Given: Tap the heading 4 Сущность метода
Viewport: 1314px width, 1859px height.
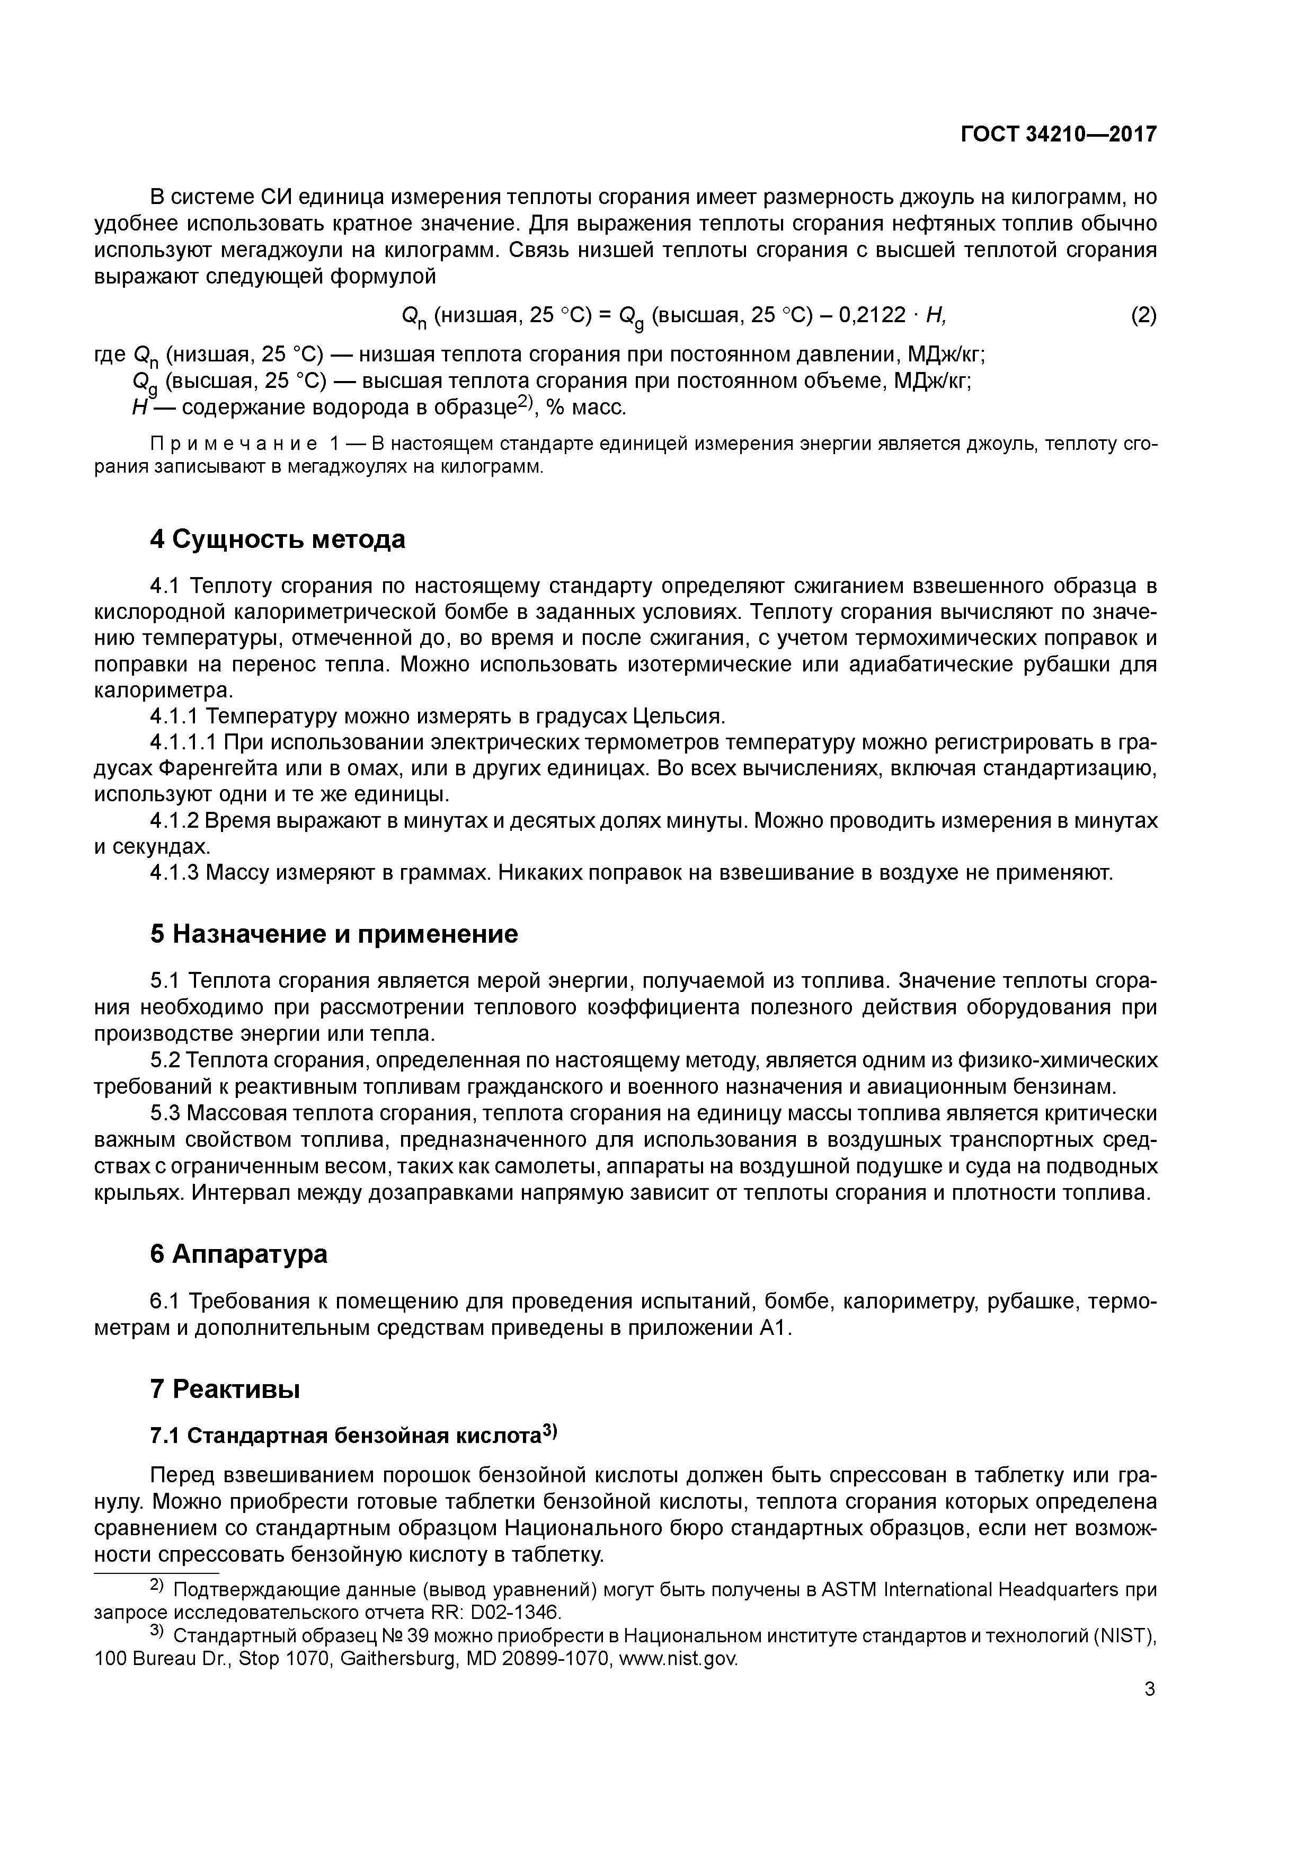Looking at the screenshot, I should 277,539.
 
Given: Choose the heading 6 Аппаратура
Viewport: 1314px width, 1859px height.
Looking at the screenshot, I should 239,1254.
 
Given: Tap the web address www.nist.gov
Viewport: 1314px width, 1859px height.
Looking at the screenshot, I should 678,1659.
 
